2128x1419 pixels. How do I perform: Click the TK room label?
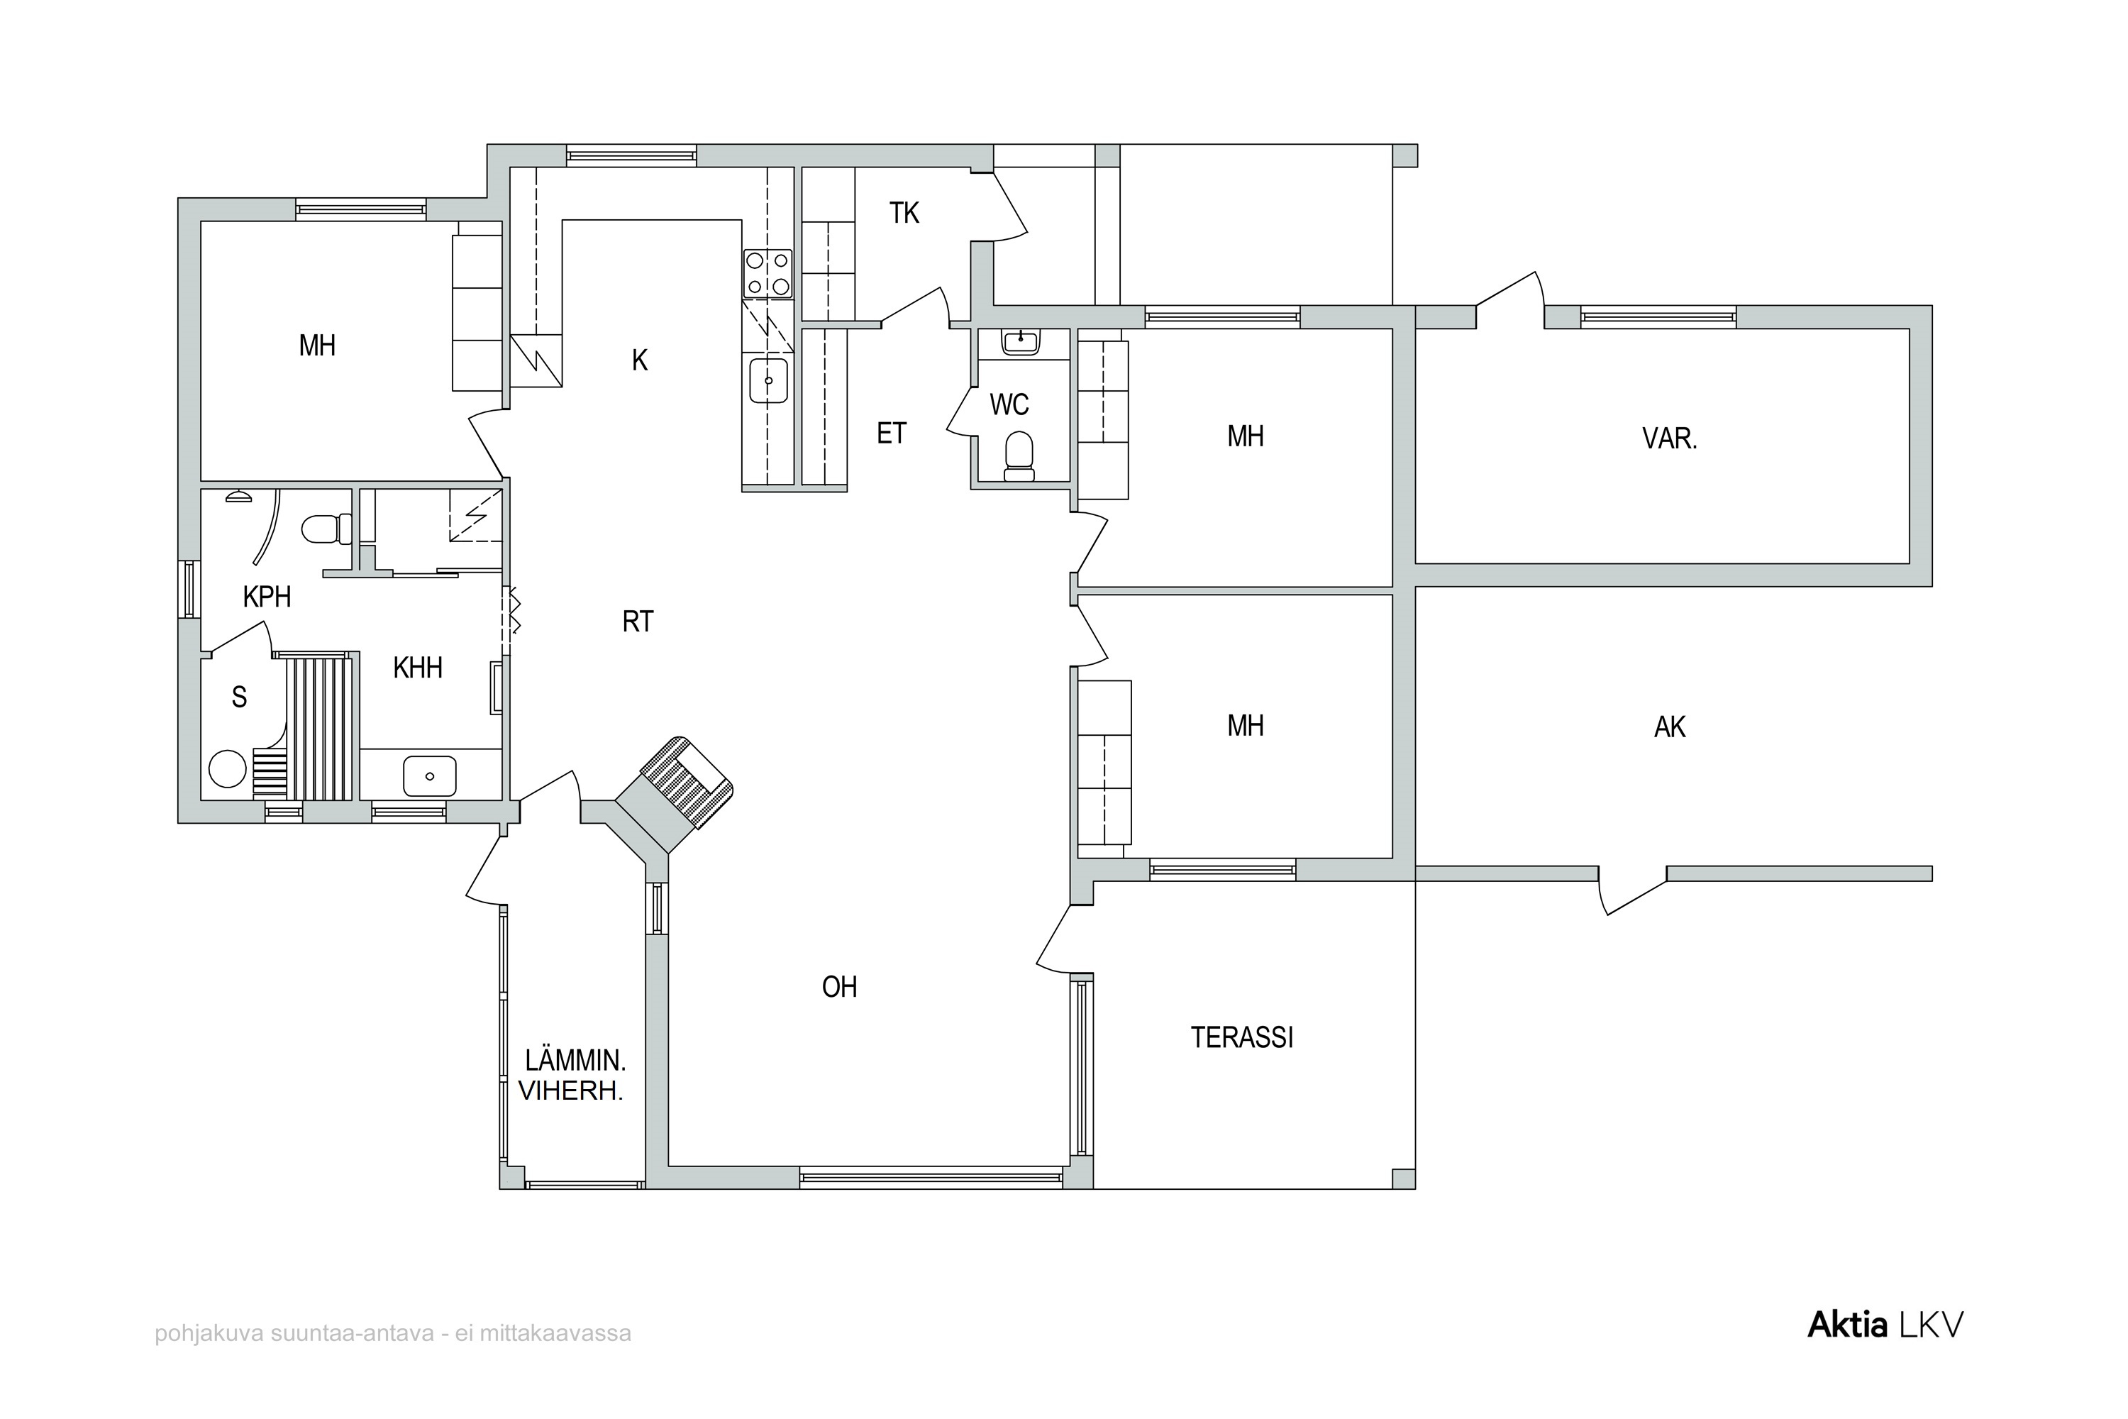(x=904, y=213)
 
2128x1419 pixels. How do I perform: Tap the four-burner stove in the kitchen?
(x=767, y=274)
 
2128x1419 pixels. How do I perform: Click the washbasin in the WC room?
(x=1021, y=341)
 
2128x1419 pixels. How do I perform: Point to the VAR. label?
(x=1669, y=439)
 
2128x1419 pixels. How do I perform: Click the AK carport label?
(x=1669, y=727)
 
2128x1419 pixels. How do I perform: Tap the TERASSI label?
(x=1241, y=1037)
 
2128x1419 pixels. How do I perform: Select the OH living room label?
(x=838, y=986)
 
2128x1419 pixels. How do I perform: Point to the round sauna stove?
(x=227, y=769)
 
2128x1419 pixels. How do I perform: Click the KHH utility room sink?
(x=430, y=775)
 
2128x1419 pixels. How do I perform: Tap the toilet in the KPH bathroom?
(x=326, y=529)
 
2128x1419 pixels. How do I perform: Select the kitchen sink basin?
(x=768, y=381)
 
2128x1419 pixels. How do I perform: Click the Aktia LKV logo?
(x=1885, y=1325)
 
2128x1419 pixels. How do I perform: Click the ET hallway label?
(x=891, y=434)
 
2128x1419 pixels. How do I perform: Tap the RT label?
(x=638, y=622)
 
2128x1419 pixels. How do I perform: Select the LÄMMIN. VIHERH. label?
(x=572, y=1075)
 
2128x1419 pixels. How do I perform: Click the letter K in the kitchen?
(x=640, y=360)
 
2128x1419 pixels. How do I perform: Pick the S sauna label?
(x=239, y=697)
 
